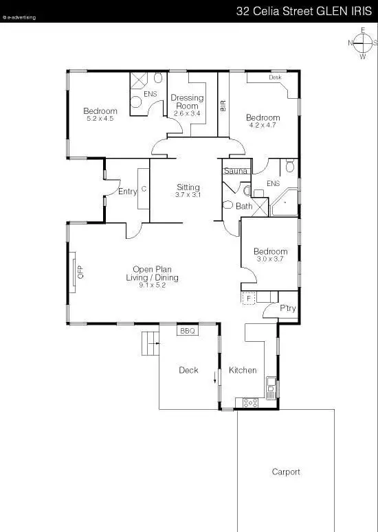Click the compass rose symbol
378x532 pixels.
click(362, 43)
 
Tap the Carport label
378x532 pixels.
click(286, 472)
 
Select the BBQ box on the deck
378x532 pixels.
click(188, 331)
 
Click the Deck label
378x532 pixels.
click(188, 370)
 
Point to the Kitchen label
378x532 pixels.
click(243, 370)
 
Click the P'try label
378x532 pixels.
click(287, 309)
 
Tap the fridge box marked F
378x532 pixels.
click(248, 298)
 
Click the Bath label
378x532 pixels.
click(244, 206)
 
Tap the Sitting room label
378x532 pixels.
click(188, 187)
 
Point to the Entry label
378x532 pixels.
click(127, 192)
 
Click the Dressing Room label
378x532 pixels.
click(187, 102)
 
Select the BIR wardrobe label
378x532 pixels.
click(223, 106)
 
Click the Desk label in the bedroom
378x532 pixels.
click(275, 78)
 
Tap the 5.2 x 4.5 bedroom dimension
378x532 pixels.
click(100, 119)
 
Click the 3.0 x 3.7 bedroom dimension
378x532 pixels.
click(270, 259)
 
